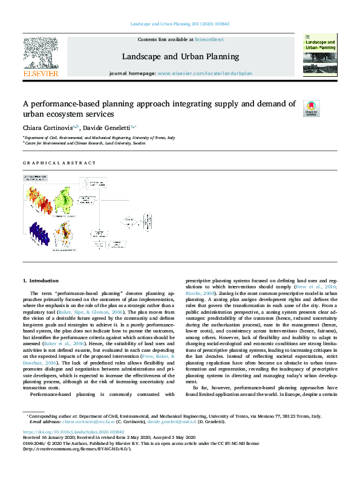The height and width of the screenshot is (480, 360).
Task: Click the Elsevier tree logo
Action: click(41, 53)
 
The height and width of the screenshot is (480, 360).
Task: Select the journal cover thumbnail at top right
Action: click(319, 54)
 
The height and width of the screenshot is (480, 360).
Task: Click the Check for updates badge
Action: click(311, 108)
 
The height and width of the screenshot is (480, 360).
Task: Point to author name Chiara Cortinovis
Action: click(47, 128)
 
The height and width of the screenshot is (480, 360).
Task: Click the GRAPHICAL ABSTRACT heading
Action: click(59, 163)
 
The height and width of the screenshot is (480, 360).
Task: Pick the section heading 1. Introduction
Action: click(41, 281)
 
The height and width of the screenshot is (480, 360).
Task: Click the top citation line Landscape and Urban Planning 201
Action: click(180, 25)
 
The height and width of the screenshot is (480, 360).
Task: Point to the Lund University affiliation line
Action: click(85, 144)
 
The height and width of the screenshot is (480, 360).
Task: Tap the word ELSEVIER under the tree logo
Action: click(41, 74)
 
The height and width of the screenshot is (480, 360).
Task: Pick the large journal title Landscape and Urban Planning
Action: click(181, 57)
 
